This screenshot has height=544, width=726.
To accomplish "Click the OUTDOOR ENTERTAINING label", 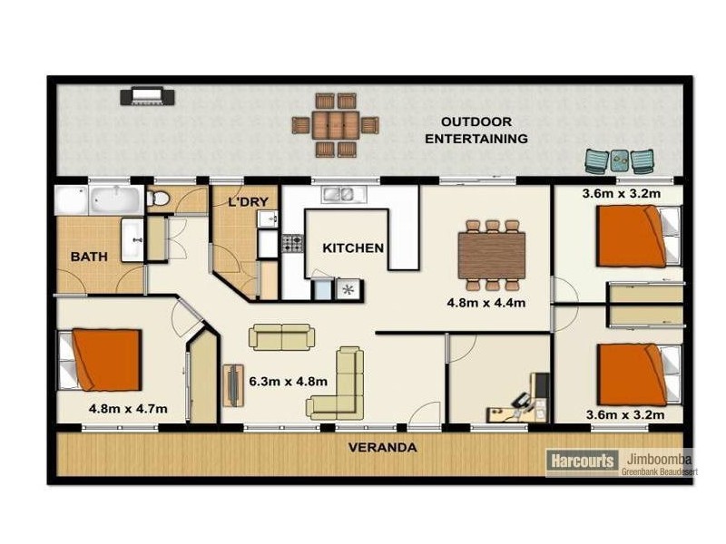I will (476, 131).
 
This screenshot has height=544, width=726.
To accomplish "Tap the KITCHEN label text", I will (353, 248).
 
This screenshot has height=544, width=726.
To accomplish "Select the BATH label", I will (89, 257).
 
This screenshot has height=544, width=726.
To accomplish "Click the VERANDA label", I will (383, 447).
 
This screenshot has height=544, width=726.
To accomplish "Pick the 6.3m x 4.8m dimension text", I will (288, 382).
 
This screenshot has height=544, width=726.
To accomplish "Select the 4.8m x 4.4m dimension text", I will (486, 303).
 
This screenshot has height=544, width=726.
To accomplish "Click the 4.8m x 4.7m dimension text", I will (127, 409).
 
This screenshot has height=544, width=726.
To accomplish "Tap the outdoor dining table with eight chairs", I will (335, 124).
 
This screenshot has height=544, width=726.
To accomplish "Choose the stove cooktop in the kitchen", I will (292, 243).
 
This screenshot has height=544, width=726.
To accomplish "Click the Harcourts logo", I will (582, 461).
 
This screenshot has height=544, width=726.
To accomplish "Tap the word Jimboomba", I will (655, 458).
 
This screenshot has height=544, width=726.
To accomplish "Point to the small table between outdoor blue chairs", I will (619, 160).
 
